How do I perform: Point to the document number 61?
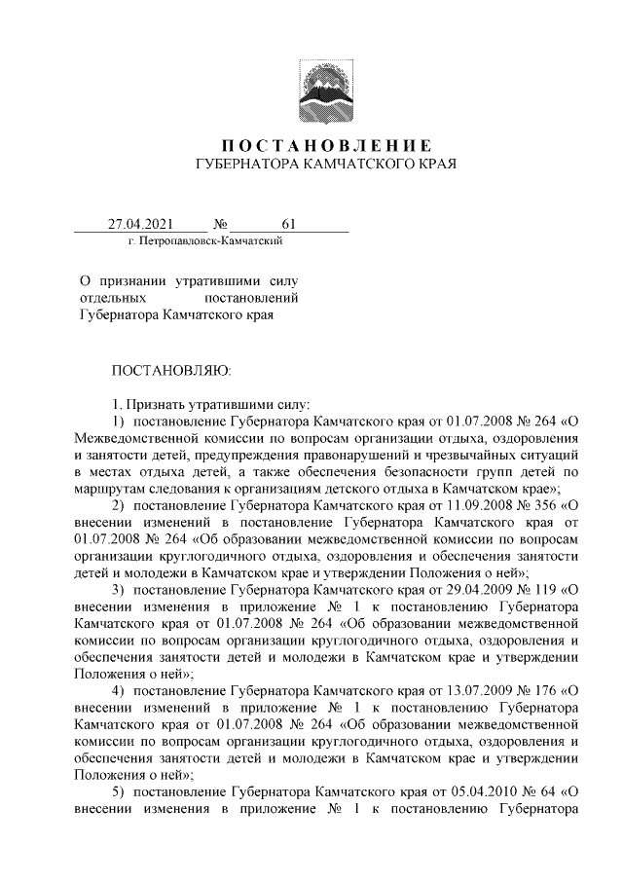point(288,225)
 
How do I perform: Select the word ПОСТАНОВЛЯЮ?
point(171,370)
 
